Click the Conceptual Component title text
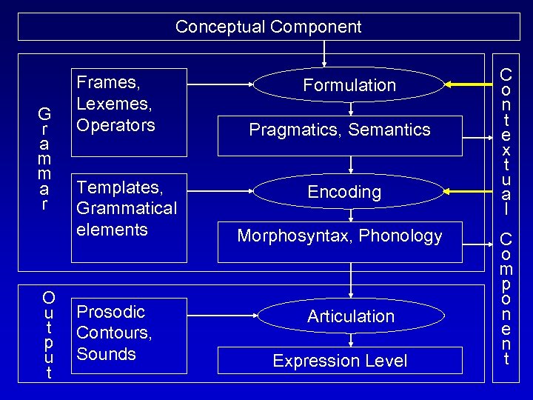point(268,27)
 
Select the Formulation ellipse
point(349,85)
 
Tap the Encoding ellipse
point(344,192)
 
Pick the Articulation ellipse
point(350,316)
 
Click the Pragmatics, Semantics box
point(340,134)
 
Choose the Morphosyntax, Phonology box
point(340,241)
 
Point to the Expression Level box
point(340,361)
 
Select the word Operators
point(116,124)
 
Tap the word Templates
point(119,187)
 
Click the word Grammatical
point(127,208)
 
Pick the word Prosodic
point(110,311)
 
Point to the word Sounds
point(106,353)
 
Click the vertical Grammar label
point(44,159)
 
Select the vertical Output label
point(49,335)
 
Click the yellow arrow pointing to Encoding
point(469,191)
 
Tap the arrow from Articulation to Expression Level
point(350,340)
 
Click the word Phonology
point(404,236)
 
